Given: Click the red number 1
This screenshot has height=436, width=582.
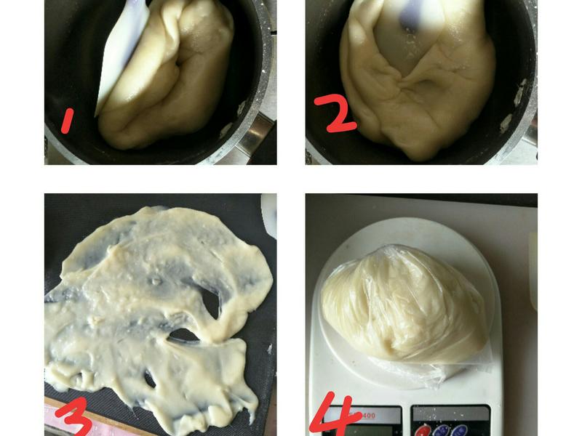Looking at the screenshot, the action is pyautogui.click(x=67, y=121).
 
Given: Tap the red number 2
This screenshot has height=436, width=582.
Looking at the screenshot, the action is pyautogui.click(x=335, y=113).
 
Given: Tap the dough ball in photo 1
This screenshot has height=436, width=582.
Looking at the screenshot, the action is pyautogui.click(x=167, y=74).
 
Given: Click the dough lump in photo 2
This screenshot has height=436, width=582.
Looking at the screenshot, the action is pyautogui.click(x=418, y=78).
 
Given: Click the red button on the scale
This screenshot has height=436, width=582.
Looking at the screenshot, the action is pyautogui.click(x=423, y=431).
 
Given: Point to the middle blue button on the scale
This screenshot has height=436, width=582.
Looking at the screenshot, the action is pyautogui.click(x=441, y=431).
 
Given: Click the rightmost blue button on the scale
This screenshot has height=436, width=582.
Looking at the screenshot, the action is pyautogui.click(x=459, y=431).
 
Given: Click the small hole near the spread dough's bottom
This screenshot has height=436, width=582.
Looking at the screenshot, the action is pyautogui.click(x=150, y=379).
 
